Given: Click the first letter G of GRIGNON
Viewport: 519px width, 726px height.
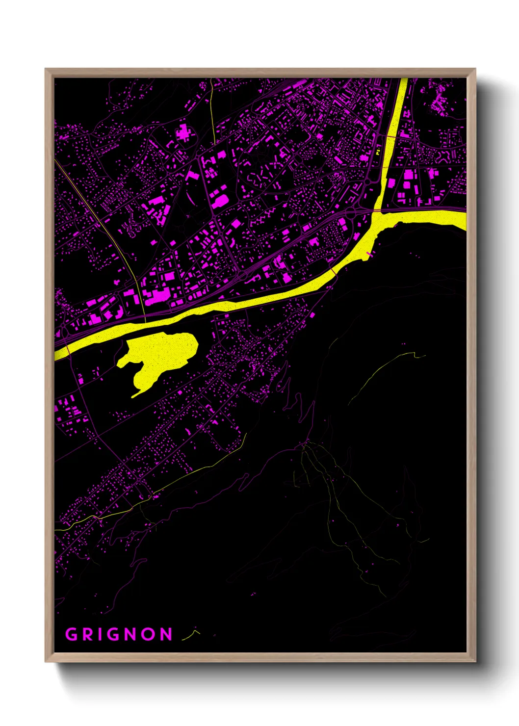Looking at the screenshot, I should pyautogui.click(x=72, y=634).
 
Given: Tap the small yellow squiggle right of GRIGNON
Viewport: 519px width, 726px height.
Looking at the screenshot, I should pyautogui.click(x=191, y=635).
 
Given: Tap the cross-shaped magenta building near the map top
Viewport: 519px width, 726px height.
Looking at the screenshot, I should pyautogui.click(x=184, y=132).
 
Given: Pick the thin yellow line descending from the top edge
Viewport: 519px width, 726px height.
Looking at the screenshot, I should pyautogui.click(x=212, y=113).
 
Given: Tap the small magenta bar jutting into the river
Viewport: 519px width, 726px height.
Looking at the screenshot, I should pyautogui.click(x=369, y=253).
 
